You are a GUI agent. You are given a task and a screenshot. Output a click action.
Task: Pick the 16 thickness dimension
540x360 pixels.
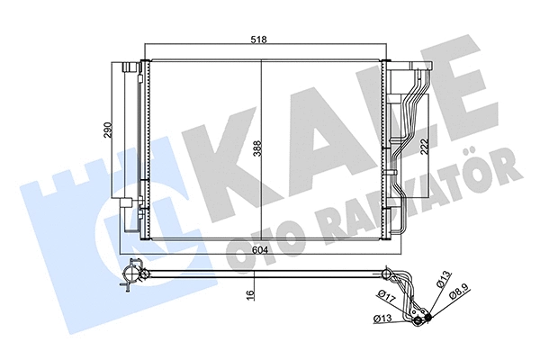click(256, 290)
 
